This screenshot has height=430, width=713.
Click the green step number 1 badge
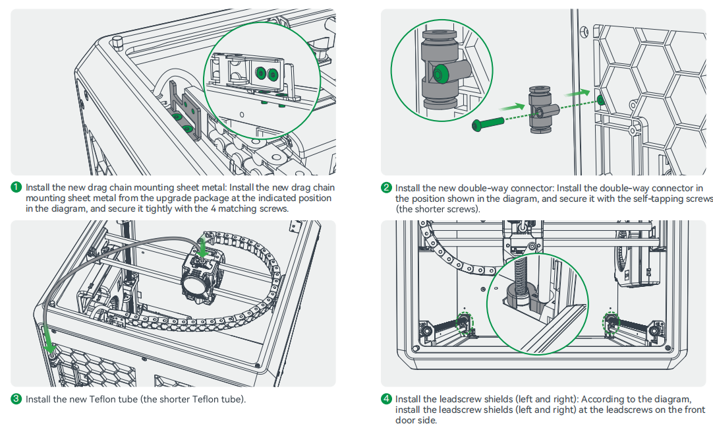click(17, 188)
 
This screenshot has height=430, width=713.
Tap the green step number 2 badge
click(387, 189)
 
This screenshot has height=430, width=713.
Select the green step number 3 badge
click(17, 399)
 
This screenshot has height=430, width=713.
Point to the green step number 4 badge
click(387, 399)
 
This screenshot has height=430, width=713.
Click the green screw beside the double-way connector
click(488, 123)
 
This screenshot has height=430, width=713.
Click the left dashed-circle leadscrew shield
click(463, 321)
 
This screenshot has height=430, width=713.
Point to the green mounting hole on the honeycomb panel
click(601, 100)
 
